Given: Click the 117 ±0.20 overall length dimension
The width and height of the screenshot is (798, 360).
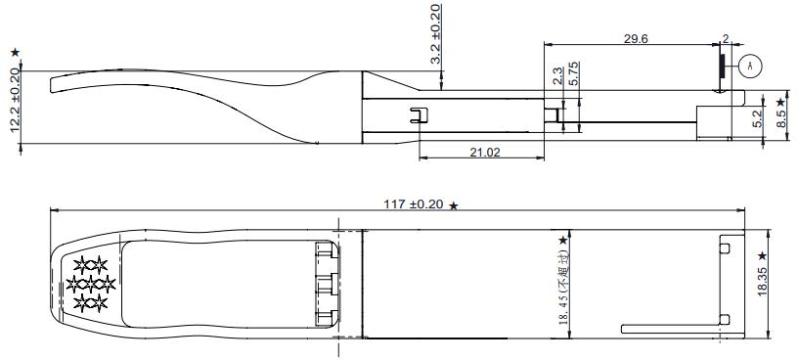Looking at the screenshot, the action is point(414,204).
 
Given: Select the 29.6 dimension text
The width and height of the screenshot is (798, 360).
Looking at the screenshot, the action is point(636,39).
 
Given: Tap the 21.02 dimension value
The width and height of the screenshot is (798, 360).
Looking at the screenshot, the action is point(485,152).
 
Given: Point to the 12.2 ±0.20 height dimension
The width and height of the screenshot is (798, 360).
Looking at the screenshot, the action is point(15,100).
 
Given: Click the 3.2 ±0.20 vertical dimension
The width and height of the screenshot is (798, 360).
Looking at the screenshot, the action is point(436,34).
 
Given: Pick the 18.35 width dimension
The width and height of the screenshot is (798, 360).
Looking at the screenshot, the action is point(762,281).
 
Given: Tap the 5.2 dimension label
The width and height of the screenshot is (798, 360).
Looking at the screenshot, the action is point(758,119).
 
